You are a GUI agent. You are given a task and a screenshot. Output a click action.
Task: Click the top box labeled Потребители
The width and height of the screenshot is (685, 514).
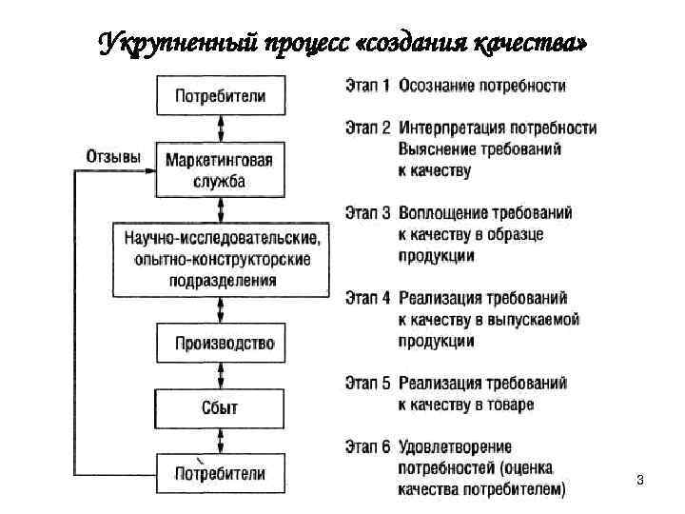[x=221, y=96]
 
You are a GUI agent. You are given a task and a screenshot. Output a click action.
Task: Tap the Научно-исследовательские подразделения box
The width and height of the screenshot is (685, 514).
[x=221, y=257]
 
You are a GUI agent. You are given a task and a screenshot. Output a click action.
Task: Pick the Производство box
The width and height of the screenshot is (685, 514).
[x=221, y=344]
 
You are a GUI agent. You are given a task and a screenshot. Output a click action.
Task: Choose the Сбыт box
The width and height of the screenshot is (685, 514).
[x=221, y=409]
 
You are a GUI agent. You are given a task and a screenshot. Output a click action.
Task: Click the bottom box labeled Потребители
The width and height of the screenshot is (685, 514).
[x=221, y=473]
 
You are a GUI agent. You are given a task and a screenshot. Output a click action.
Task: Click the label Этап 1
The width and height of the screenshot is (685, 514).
[x=365, y=86]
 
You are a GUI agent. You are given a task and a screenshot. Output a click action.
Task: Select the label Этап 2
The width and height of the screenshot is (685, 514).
[x=365, y=128]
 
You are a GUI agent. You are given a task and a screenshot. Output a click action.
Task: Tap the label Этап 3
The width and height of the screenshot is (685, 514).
[x=365, y=213]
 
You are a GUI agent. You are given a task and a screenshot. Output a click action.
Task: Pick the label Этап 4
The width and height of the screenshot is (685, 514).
[x=365, y=298]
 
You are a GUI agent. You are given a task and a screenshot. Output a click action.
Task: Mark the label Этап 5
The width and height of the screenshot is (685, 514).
[x=365, y=384]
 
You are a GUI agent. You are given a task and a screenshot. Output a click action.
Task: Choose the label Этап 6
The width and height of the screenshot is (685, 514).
[x=365, y=447]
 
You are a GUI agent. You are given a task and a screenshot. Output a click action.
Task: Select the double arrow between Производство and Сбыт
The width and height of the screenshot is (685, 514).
[x=221, y=375]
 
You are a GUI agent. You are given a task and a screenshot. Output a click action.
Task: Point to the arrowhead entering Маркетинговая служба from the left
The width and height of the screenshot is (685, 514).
[x=151, y=171]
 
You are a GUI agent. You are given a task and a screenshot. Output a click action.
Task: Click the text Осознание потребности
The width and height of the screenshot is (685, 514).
[x=482, y=86]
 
